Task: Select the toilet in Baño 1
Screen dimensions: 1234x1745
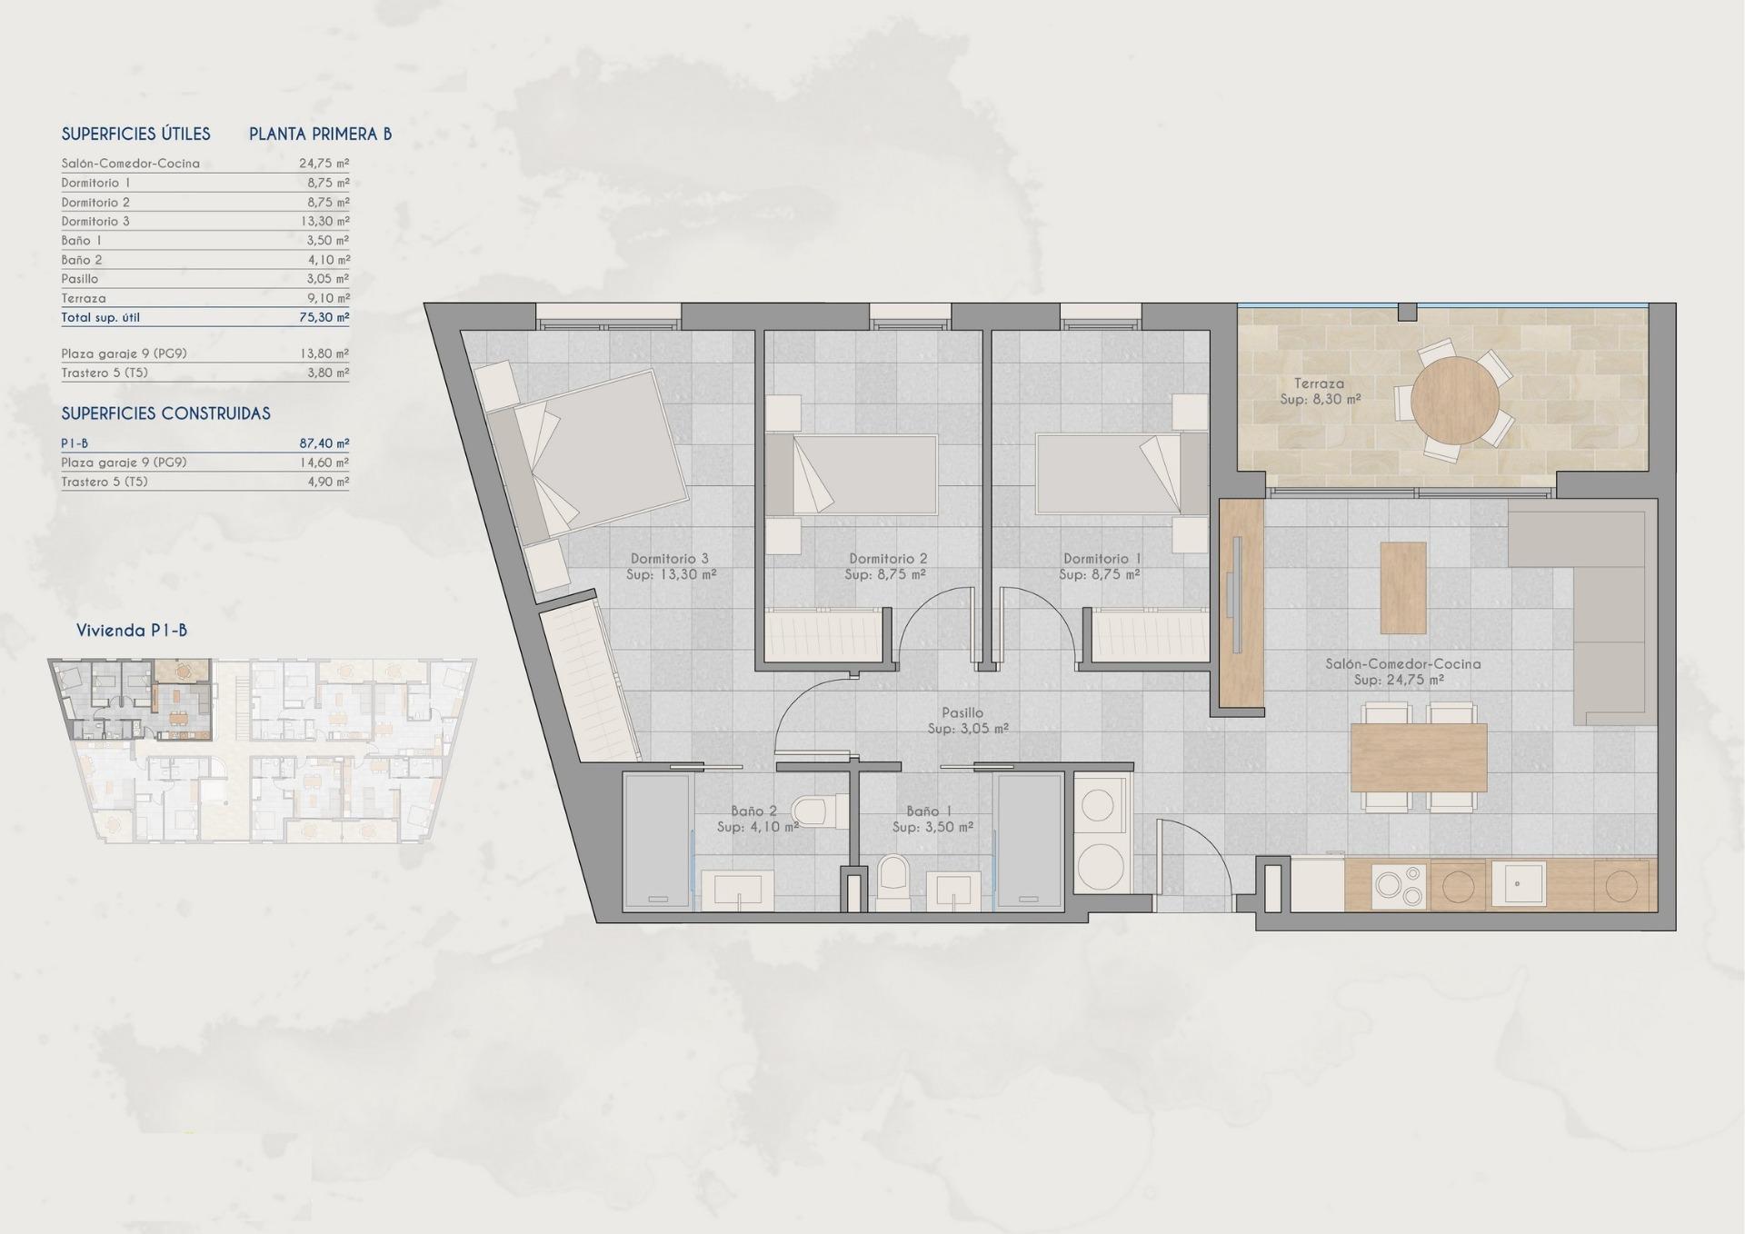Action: [x=893, y=883]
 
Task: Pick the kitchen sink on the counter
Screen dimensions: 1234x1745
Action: [x=1517, y=884]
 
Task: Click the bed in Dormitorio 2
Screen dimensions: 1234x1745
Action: [x=853, y=474]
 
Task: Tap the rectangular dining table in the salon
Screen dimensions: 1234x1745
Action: [x=1418, y=757]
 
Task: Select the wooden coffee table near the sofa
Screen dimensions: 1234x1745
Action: [x=1402, y=588]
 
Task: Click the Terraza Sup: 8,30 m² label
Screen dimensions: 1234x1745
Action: [x=1320, y=392]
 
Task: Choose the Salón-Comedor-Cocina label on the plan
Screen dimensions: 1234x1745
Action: [x=1402, y=672]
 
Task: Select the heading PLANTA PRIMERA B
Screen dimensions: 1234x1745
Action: [x=320, y=134]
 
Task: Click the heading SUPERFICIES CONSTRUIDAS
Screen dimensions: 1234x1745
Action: [x=165, y=413]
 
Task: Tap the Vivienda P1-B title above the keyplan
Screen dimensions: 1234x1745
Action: [x=132, y=631]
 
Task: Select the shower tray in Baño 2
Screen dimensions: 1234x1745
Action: [x=657, y=841]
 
